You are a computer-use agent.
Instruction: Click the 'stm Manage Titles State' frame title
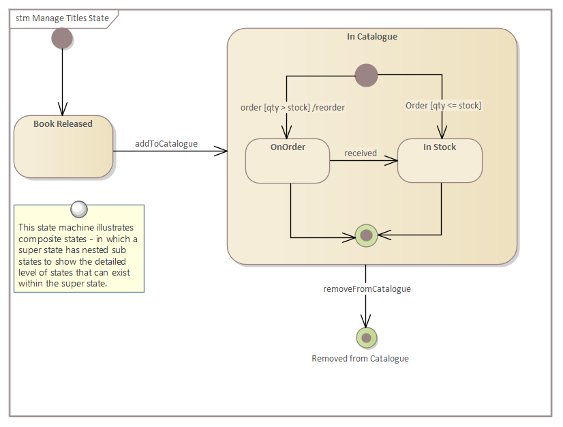[62, 18]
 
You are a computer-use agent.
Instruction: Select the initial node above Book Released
[62, 38]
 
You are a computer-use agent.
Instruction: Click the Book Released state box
[63, 147]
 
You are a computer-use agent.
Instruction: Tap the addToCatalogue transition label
[166, 143]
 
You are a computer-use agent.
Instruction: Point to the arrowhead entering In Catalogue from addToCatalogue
[222, 151]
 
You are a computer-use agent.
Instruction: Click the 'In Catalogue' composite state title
[371, 37]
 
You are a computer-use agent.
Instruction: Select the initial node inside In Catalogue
[366, 75]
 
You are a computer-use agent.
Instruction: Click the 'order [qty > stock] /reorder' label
[292, 107]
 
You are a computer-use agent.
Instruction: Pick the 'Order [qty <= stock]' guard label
[443, 105]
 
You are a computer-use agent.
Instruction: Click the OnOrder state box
[288, 162]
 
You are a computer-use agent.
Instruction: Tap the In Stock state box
[440, 162]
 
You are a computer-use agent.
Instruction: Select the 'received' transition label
[361, 153]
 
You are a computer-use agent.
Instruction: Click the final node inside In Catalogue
[366, 235]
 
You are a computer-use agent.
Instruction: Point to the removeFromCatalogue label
[367, 289]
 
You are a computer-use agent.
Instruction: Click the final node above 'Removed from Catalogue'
[366, 338]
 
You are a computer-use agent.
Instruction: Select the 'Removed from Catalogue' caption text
[360, 358]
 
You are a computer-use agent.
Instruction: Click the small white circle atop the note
[79, 208]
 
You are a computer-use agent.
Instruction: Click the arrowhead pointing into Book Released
[62, 110]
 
